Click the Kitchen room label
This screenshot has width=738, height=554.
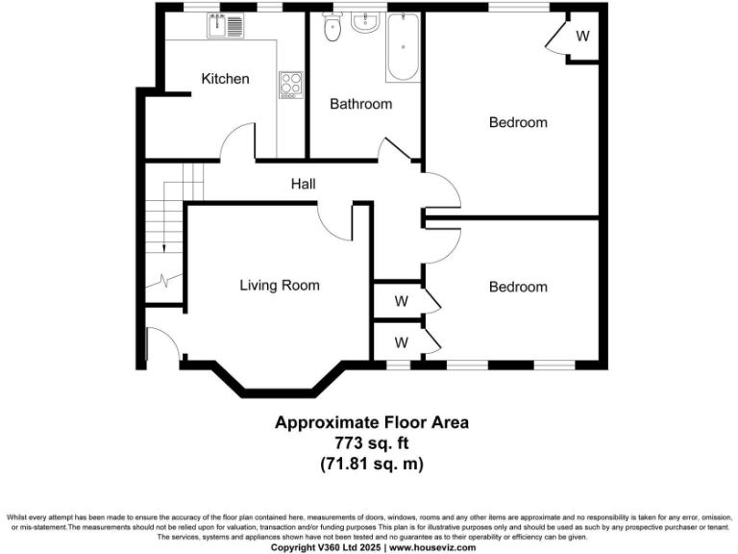click(x=225, y=79)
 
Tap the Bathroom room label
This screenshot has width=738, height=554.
click(x=360, y=104)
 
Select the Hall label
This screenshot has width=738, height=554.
click(x=304, y=184)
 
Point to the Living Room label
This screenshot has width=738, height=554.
click(x=280, y=285)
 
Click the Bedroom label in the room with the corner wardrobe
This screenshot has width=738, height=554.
click(x=518, y=122)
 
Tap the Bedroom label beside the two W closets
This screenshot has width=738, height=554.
click(x=518, y=287)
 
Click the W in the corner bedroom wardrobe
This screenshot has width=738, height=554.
click(x=583, y=37)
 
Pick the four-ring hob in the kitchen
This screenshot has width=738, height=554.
click(x=290, y=85)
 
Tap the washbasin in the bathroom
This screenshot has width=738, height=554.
click(x=365, y=23)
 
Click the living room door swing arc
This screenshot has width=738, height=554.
click(x=336, y=222)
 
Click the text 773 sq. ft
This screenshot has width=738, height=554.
click(x=372, y=442)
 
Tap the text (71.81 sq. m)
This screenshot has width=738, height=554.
click(x=372, y=464)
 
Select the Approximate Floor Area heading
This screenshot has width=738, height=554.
click(x=372, y=422)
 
